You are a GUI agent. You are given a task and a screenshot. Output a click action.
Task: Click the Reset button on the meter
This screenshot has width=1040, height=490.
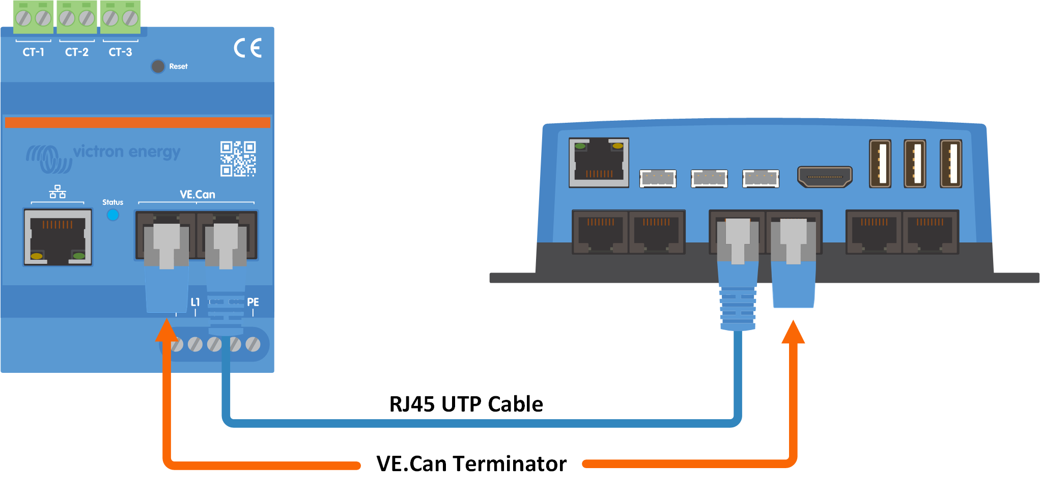coord(158,66)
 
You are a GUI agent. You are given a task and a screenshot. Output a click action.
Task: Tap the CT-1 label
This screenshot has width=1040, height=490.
coord(34,52)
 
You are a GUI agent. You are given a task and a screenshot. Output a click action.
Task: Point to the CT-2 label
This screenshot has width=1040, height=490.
coord(77,52)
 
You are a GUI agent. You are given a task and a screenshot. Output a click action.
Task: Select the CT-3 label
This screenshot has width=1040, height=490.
coord(120,52)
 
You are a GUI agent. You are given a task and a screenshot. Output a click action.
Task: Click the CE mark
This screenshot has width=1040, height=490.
coord(248,48)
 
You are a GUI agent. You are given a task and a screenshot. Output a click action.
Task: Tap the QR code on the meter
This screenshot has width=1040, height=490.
coord(238,159)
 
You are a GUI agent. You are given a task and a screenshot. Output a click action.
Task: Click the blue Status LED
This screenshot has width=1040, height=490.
coord(113,215)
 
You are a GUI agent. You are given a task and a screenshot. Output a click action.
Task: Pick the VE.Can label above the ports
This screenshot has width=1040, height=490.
coord(198,195)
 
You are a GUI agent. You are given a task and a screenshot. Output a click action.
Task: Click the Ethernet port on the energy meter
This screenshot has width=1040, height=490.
coord(58,237)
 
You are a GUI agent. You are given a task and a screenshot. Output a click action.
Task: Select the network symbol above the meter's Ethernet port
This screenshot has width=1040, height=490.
coord(58,192)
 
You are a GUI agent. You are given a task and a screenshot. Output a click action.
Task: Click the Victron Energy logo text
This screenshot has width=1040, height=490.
coord(127,152)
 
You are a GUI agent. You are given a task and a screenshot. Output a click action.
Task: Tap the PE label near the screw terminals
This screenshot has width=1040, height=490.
coord(253,302)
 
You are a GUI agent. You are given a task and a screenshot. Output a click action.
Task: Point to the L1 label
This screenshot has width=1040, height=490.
coord(195,302)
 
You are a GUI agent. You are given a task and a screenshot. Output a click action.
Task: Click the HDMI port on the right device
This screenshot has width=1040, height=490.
coord(825,177)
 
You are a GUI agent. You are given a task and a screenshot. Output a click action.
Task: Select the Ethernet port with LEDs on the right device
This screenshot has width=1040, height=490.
coord(599,162)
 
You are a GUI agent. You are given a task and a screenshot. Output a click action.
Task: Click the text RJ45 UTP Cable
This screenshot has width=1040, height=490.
coord(466,404)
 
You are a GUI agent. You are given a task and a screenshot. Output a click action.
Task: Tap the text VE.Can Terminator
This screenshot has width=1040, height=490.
coord(471,464)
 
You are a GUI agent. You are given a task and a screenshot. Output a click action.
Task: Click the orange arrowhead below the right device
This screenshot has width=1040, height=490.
coord(793,332)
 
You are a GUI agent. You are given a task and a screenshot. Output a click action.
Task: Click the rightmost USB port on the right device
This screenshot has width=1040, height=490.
coord(951,164)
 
